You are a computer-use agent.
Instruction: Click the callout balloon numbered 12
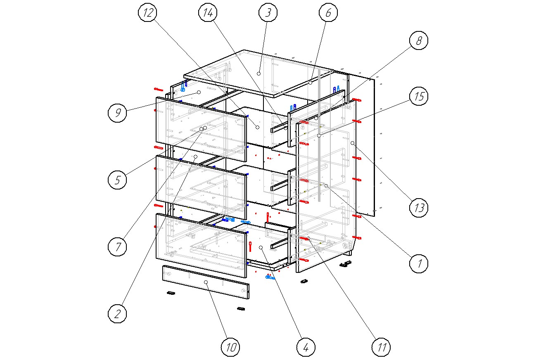coord(148,12)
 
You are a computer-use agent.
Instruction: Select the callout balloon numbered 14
coord(208,12)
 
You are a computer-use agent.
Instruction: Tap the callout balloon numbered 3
coord(268,12)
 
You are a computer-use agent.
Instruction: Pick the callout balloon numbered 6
coord(328,12)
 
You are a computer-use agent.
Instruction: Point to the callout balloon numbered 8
coord(419,40)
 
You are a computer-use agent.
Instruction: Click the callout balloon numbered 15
coord(419,96)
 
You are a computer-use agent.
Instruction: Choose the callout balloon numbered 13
coord(419,208)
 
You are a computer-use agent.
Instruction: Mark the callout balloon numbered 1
coord(419,264)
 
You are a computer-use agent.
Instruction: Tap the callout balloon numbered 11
coord(381,347)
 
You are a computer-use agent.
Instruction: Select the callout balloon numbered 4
coord(306,347)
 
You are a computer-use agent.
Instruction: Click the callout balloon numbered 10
coord(230,347)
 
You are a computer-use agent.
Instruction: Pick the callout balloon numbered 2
coord(118,314)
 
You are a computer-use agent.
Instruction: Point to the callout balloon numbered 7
coord(118,246)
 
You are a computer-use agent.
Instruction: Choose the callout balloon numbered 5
coord(118,180)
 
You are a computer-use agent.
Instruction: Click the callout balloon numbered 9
coord(118,113)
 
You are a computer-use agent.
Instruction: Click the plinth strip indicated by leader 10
coord(206,282)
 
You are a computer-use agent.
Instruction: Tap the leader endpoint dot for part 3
coord(259,73)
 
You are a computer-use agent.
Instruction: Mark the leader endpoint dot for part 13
coord(353,143)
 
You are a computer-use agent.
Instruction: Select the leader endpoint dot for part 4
coord(261,247)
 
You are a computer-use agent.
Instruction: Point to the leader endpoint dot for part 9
coord(199,92)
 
